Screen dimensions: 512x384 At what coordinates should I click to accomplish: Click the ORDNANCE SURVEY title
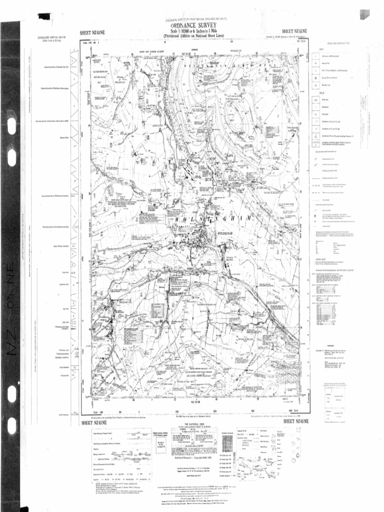192,26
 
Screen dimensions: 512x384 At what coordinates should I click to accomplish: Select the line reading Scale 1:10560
192,32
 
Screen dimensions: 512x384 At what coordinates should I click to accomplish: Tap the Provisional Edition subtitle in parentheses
192,36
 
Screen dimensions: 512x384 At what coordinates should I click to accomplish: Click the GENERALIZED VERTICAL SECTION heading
52,38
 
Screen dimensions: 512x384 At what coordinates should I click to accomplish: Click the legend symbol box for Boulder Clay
315,86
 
